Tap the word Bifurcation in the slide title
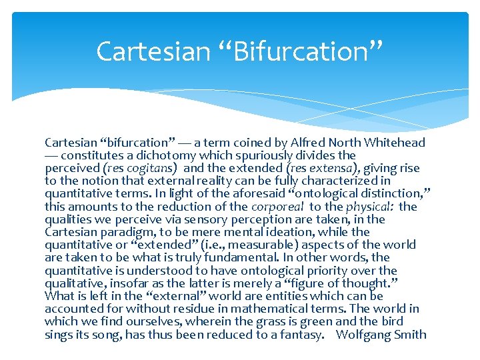coord(293,51)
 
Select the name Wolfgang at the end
coord(364,335)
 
